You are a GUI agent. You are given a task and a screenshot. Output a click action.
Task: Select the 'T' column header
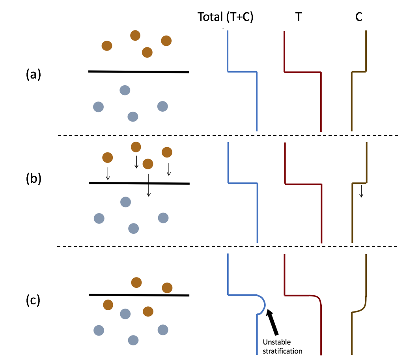tap(299, 18)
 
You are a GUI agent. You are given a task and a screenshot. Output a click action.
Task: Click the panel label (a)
tap(33, 74)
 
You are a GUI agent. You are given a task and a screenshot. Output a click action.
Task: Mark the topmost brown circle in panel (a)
tap(136, 36)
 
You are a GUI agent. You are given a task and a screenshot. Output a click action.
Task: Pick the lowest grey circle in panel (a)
tap(133, 116)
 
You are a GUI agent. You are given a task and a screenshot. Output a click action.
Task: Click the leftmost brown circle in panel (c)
tap(107, 305)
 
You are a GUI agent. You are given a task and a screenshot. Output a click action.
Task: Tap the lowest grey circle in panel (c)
tap(133, 340)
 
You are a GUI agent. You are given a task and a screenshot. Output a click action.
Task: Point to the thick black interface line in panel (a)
tap(138, 72)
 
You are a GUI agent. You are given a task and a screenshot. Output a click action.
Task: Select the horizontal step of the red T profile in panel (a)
tap(302, 72)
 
